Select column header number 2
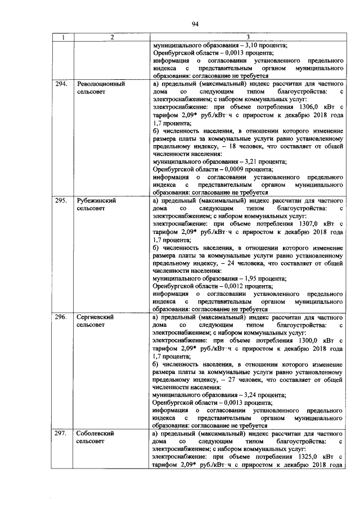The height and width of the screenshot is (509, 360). [111, 38]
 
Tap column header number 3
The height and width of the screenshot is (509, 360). [248, 38]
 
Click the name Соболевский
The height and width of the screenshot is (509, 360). [96, 434]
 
